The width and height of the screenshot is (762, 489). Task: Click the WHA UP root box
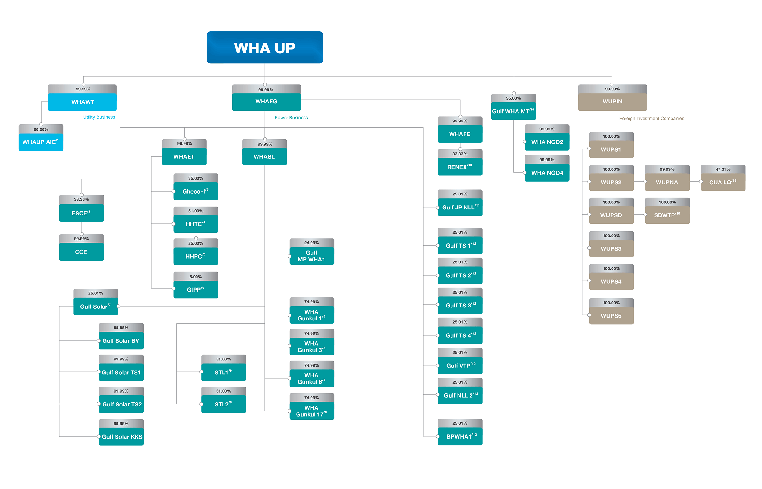(x=264, y=48)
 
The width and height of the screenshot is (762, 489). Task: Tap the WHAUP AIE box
(x=41, y=142)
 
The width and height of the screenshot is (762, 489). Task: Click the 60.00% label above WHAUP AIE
(x=41, y=129)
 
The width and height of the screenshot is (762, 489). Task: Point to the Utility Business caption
(x=99, y=117)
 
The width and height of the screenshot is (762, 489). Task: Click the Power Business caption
(x=291, y=118)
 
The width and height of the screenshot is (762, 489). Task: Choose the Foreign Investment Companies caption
(x=651, y=118)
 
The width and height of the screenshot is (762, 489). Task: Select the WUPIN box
(x=612, y=102)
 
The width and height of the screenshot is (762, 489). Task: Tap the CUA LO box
(x=723, y=182)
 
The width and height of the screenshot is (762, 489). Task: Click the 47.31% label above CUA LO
(x=723, y=169)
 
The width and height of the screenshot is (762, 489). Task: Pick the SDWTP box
(x=667, y=215)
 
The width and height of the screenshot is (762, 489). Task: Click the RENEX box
(x=460, y=167)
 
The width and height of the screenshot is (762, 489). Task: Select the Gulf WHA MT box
(x=513, y=111)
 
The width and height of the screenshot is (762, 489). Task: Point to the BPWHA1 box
(x=460, y=436)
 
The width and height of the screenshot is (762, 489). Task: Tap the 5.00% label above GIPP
(x=196, y=277)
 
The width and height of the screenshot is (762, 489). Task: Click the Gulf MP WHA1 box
(x=311, y=256)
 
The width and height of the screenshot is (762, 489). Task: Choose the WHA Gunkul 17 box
(x=311, y=411)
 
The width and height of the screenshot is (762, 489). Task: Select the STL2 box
(x=223, y=404)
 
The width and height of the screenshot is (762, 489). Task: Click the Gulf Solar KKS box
(x=121, y=437)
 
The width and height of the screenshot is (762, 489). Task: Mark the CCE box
(x=81, y=252)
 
